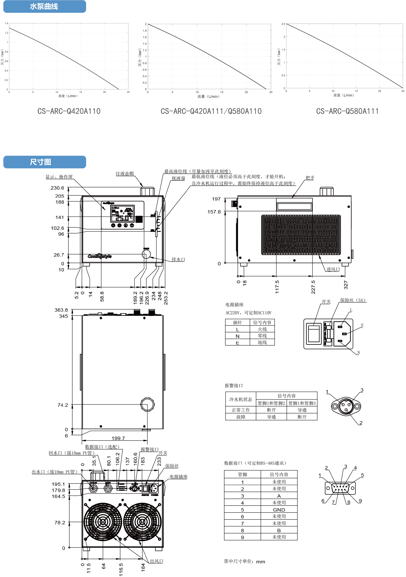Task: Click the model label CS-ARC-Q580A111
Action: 347,111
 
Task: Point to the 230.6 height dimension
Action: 57,188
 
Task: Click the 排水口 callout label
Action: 178,259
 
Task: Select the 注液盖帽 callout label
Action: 125,174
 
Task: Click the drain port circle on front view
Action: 146,254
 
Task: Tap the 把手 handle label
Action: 310,178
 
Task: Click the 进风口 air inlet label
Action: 333,269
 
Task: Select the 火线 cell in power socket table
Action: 262,329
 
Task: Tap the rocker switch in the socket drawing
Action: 314,334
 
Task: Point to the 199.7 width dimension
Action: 118,438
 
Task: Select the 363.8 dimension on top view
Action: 61,310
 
